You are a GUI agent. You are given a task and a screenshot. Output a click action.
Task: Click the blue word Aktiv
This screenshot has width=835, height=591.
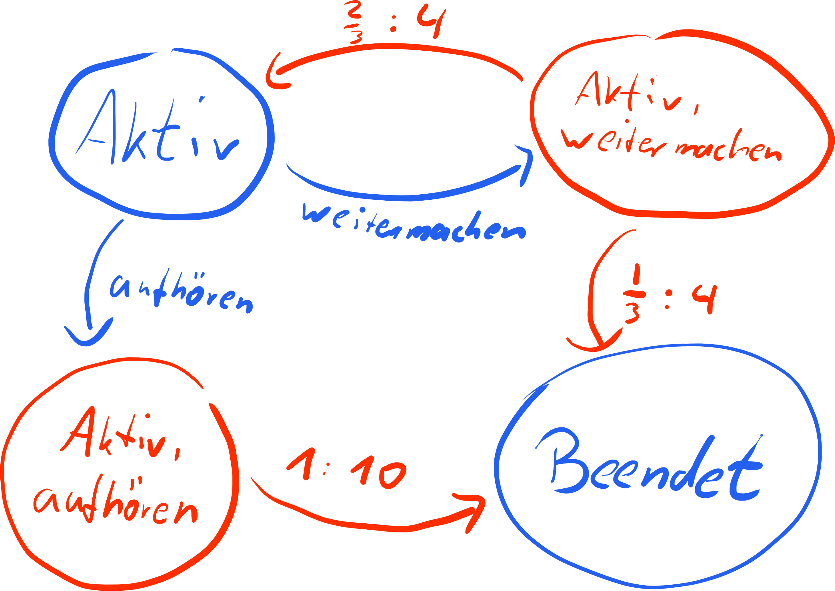(157, 131)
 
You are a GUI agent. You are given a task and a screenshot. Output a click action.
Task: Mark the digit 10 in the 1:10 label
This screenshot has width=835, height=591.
(379, 472)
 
